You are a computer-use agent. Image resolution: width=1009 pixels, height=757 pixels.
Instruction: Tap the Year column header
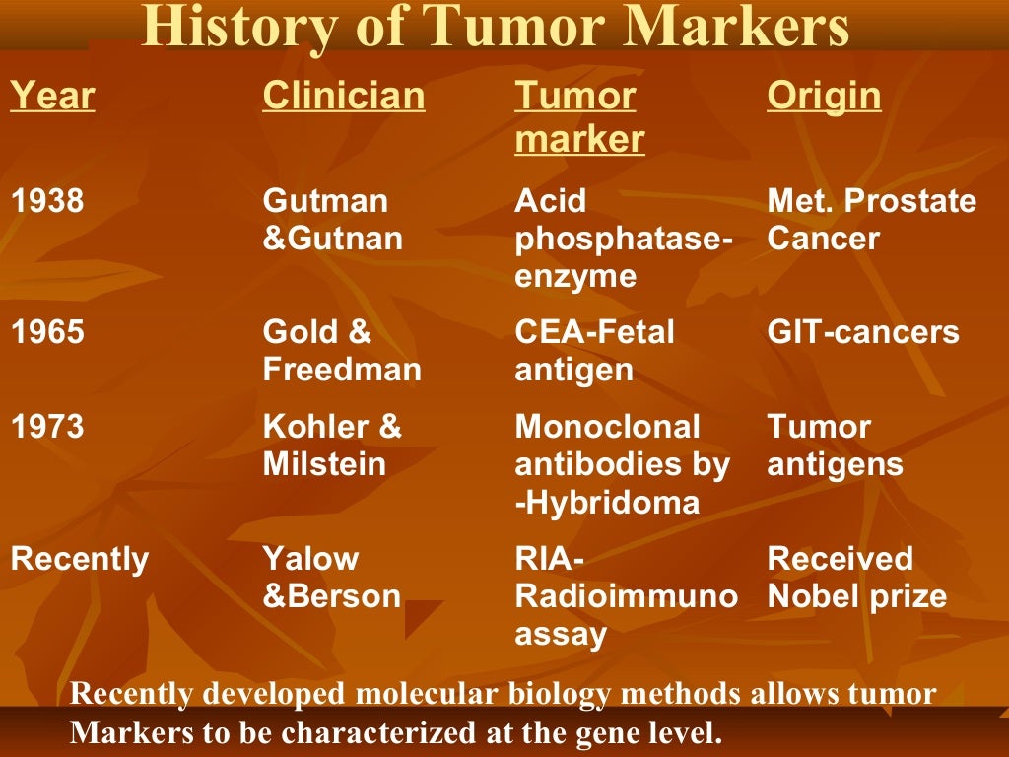52,97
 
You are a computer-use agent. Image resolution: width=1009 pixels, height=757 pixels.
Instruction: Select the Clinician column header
344,97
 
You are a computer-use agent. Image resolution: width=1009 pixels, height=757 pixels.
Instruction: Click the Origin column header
824,97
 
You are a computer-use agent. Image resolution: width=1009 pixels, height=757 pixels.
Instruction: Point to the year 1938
47,201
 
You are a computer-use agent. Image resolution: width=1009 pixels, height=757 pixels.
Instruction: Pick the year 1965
47,332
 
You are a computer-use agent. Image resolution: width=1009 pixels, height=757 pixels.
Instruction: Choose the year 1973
47,427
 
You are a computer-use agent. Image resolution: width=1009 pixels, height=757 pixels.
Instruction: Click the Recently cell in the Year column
79,559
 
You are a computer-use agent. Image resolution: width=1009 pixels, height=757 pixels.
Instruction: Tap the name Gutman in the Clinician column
325,201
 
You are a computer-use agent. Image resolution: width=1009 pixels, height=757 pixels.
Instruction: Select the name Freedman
341,370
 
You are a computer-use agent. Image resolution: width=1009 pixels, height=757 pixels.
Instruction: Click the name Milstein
324,464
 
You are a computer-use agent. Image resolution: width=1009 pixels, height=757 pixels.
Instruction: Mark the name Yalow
311,559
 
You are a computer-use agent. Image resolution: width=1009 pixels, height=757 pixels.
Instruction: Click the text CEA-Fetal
594,332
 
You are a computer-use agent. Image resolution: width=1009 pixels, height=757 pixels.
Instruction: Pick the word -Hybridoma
607,503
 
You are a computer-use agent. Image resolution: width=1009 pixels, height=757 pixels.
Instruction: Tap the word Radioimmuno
626,596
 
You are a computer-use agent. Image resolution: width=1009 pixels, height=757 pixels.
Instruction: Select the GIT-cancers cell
862,332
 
